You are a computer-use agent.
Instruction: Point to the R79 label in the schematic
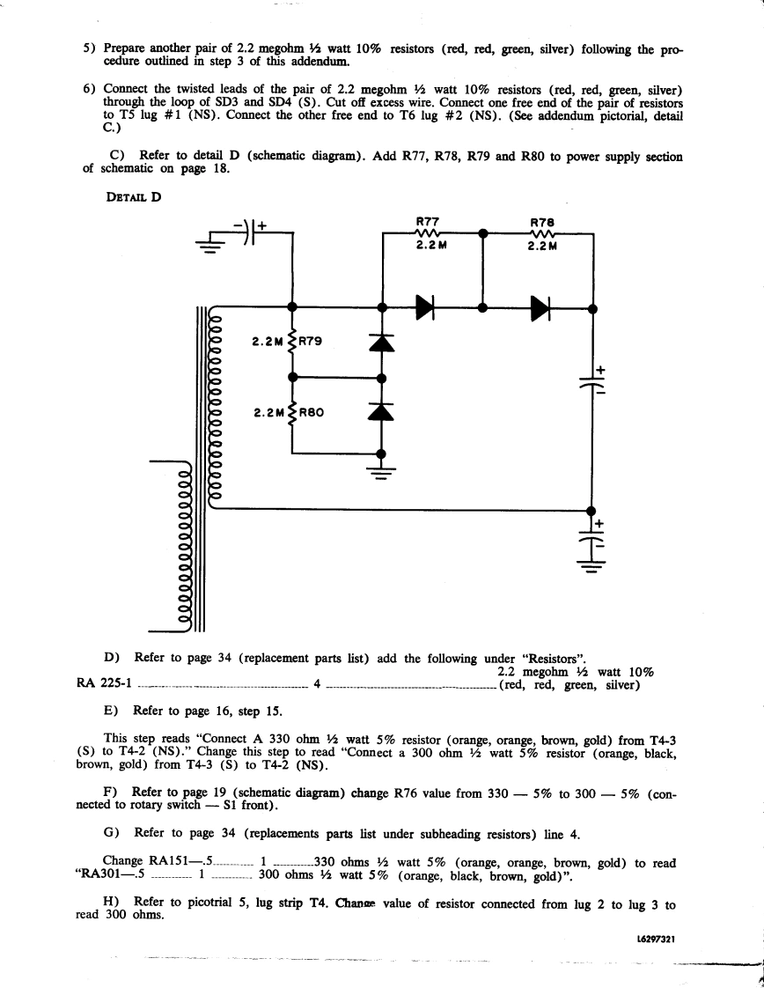pos(312,341)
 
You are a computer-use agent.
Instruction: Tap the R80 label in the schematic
pos(312,410)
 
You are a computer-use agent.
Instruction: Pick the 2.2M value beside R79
pos(267,341)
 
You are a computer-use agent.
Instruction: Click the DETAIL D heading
pos(133,196)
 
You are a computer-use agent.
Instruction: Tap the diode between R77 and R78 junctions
pos(425,307)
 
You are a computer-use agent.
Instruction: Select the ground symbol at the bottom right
pos(591,568)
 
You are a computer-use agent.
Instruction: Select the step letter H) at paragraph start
pos(111,903)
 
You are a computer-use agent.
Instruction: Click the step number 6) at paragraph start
pos(90,90)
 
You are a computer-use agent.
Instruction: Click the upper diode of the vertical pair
pos(381,342)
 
